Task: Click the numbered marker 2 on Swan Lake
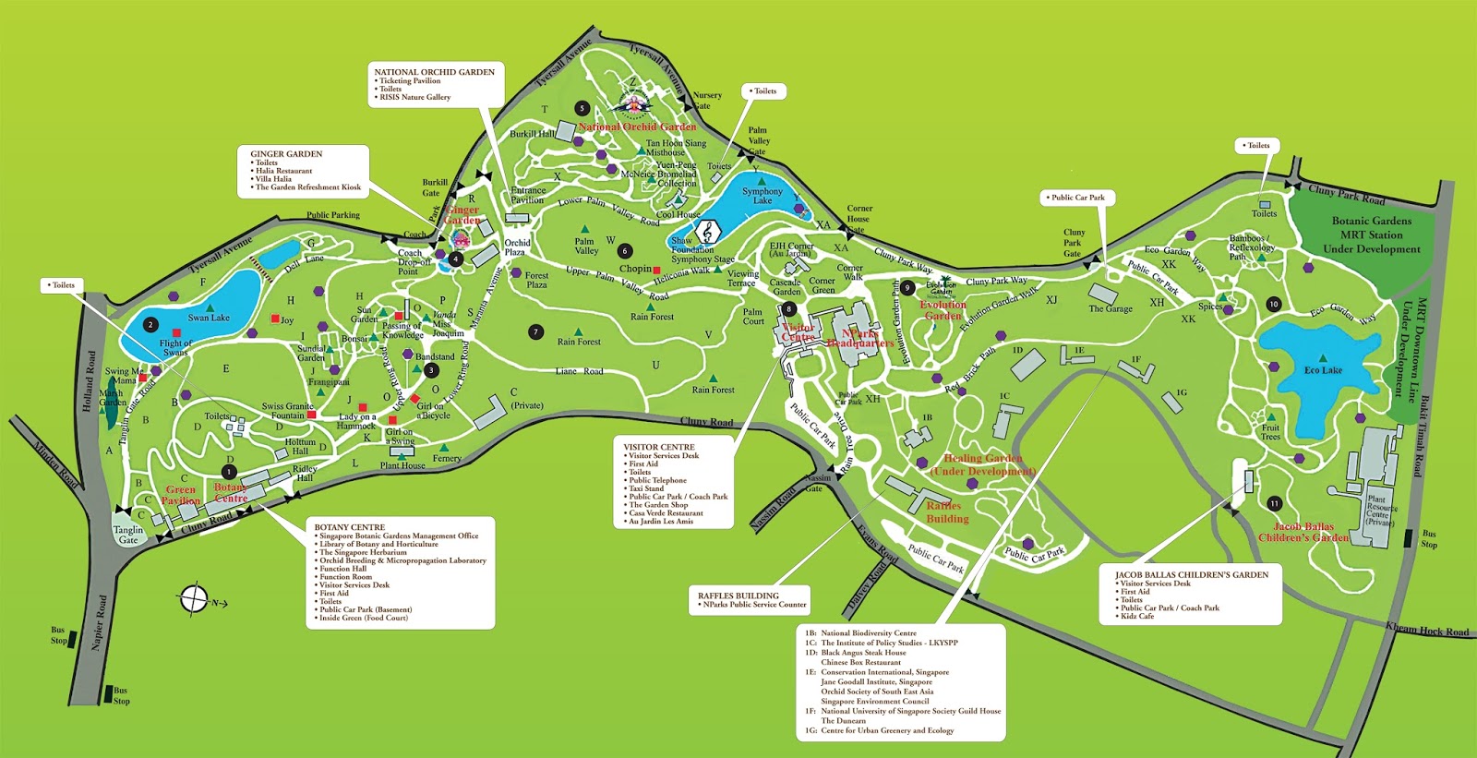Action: pos(150,325)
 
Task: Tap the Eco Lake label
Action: pos(1323,370)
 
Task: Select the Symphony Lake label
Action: pos(763,196)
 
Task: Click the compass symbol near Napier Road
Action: pos(195,599)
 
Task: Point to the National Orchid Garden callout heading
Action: pos(434,72)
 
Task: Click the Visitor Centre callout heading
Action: pos(658,447)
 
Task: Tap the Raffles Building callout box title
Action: pos(738,596)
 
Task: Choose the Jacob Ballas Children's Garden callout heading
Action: pos(1191,575)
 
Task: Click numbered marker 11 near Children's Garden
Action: pos(1275,504)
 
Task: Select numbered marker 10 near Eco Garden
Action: pos(1274,304)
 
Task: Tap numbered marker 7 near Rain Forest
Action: pos(535,331)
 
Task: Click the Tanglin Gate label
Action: pos(128,535)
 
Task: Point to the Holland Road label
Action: pos(90,380)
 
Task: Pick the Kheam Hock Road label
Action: pos(1426,631)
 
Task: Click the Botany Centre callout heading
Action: pos(349,527)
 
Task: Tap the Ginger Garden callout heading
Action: pos(286,154)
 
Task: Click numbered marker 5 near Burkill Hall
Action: pos(582,108)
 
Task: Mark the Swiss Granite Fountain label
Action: pos(287,411)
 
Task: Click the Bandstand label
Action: pos(434,356)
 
